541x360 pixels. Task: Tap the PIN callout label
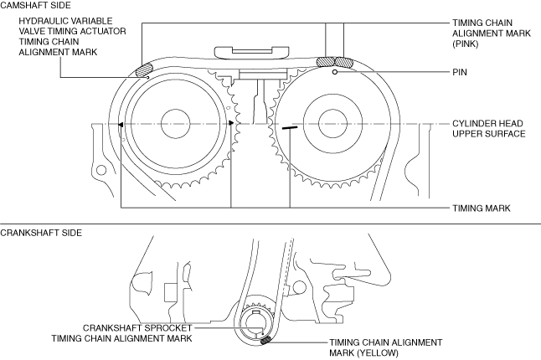pyautogui.click(x=459, y=73)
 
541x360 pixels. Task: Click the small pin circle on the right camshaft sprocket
pyautogui.click(x=334, y=73)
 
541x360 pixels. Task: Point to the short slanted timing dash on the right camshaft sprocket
pyautogui.click(x=290, y=129)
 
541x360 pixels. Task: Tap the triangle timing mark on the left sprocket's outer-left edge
pyautogui.click(x=122, y=124)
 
